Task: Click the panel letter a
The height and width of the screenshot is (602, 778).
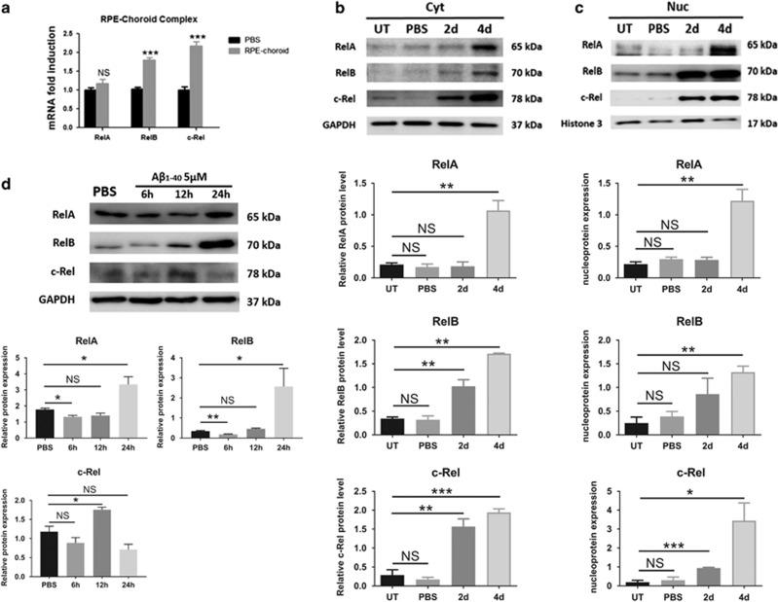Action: tap(8, 10)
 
